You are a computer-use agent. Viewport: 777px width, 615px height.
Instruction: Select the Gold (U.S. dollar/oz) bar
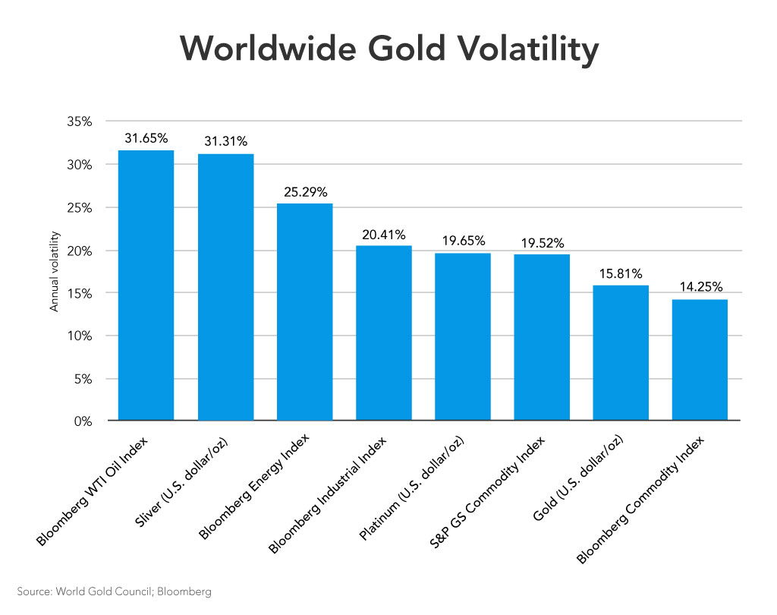(x=621, y=353)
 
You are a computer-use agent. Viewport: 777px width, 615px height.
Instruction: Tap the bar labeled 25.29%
(x=304, y=311)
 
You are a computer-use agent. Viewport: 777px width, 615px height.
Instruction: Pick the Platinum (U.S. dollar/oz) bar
(x=463, y=336)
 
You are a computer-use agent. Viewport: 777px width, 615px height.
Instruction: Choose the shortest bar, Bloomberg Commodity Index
(x=700, y=360)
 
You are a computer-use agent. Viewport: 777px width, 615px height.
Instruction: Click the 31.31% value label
(x=225, y=141)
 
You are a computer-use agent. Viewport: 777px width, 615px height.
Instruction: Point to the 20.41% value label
(x=383, y=235)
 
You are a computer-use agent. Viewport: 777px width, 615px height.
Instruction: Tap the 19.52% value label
(x=542, y=243)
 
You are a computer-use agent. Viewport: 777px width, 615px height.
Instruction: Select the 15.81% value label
(x=621, y=273)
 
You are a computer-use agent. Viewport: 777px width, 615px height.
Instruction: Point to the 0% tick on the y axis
(x=83, y=421)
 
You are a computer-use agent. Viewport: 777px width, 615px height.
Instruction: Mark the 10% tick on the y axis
(x=80, y=336)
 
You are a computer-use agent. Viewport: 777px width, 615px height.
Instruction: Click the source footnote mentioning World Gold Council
(x=114, y=591)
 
